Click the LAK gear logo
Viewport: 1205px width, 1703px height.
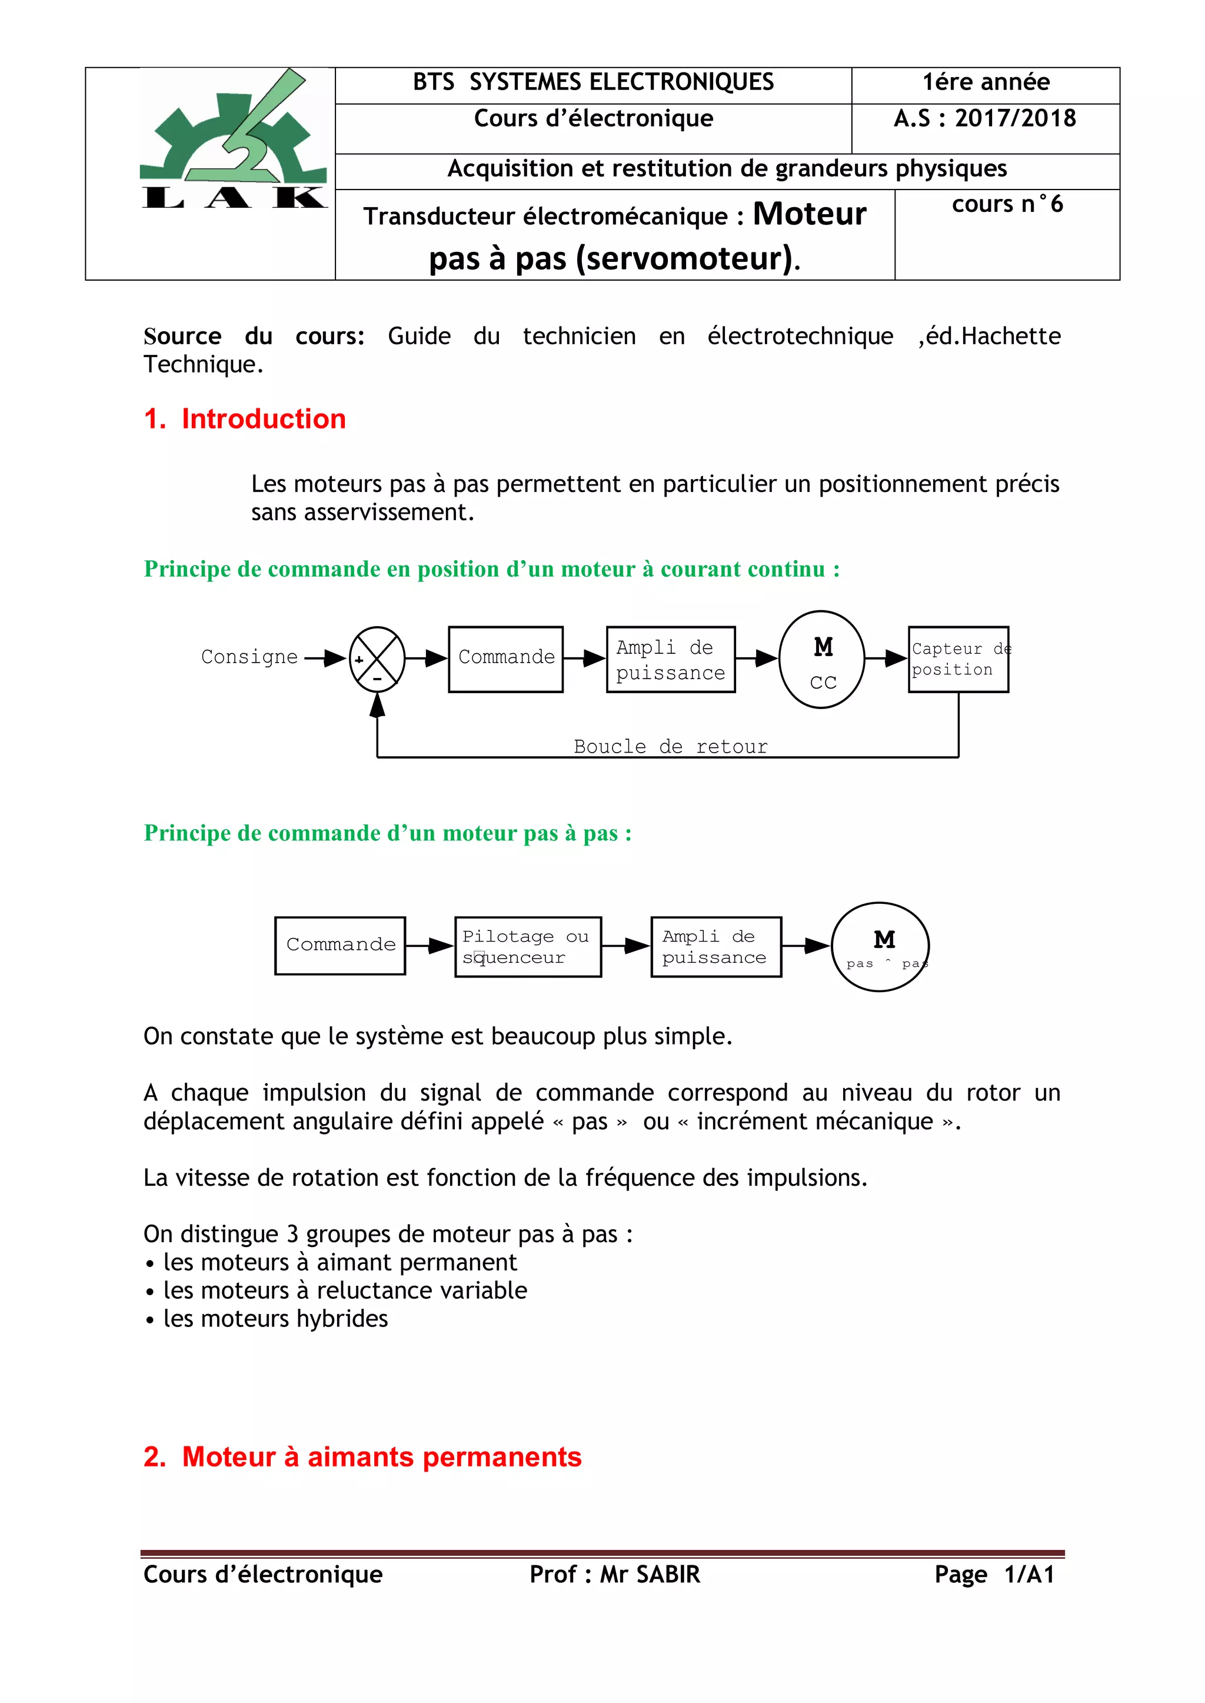[x=233, y=139]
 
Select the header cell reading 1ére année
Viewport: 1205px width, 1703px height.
[x=986, y=82]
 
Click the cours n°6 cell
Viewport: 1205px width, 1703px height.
[x=1007, y=205]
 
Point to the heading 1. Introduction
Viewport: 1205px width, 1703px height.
[x=245, y=419]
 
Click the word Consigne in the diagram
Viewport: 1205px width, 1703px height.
[x=249, y=657]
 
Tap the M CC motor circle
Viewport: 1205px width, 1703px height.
[x=822, y=659]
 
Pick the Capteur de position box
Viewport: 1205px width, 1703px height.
[x=958, y=659]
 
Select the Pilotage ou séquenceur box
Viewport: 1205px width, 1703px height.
[x=528, y=946]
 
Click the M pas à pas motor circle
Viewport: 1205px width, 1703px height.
[x=881, y=947]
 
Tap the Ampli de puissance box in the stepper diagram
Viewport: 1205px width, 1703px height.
[x=716, y=946]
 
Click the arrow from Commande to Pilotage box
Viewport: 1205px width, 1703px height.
[x=430, y=946]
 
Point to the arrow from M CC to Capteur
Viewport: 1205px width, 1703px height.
[x=886, y=657]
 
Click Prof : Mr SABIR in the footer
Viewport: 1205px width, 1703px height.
[x=614, y=1574]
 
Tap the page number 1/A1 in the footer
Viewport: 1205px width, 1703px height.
[x=1029, y=1574]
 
